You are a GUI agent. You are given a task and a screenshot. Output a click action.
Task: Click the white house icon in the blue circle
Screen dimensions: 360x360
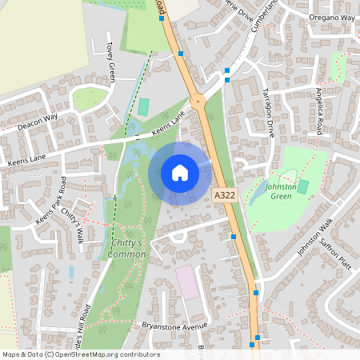click(180, 173)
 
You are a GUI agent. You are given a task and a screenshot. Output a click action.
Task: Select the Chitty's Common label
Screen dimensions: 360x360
click(123, 249)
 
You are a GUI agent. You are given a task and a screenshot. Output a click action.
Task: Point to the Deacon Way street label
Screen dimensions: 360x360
click(38, 121)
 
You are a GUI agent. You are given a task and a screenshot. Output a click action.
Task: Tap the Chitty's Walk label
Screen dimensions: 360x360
click(73, 224)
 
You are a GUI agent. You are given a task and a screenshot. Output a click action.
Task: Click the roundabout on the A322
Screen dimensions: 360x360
click(197, 101)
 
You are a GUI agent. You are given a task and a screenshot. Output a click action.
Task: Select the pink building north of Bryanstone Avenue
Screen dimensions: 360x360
click(188, 282)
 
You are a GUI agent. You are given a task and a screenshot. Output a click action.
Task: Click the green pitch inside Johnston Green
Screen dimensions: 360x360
click(302, 186)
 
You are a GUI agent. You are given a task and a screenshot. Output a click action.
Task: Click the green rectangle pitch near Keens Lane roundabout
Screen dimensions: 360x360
click(143, 106)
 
